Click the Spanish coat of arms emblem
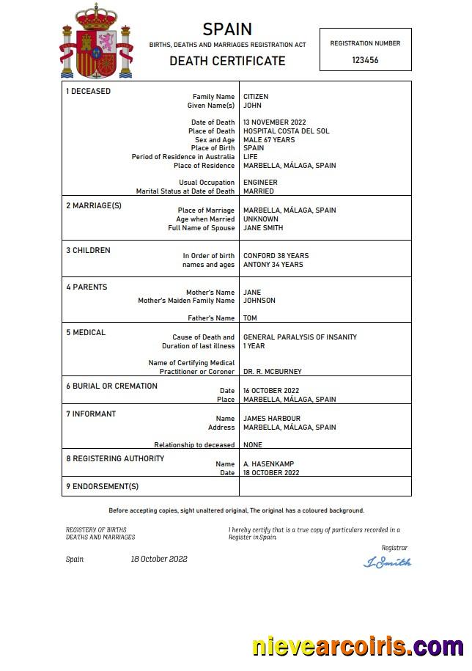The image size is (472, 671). (96, 42)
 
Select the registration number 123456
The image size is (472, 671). (365, 60)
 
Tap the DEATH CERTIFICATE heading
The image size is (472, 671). (227, 61)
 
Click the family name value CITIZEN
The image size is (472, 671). (256, 97)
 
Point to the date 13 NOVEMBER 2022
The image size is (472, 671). (274, 122)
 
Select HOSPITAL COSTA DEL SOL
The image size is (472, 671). (286, 131)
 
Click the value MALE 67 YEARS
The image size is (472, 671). (269, 140)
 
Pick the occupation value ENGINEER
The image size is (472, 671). (260, 183)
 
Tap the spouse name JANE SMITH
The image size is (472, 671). (264, 228)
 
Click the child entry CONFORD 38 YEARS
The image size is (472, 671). (276, 256)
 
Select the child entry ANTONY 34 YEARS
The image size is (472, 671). (273, 265)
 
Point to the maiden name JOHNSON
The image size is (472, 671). (259, 301)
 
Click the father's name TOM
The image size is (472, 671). (250, 318)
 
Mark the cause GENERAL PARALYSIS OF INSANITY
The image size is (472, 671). (300, 337)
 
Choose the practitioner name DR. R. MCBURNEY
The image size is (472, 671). (272, 372)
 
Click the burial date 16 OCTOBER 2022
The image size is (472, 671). (271, 391)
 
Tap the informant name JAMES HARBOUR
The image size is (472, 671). (272, 419)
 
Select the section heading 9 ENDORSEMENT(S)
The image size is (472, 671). (103, 486)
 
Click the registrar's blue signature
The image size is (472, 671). (387, 562)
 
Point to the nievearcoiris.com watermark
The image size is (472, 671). (357, 647)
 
